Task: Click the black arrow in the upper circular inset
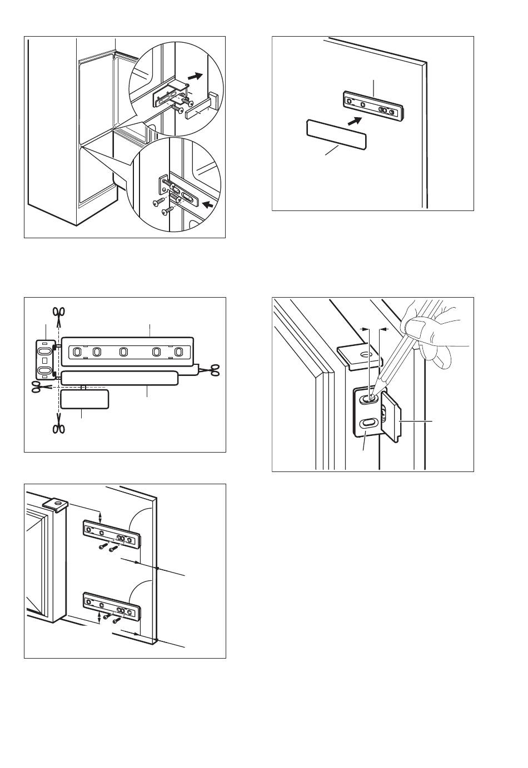tap(195, 76)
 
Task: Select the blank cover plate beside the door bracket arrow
tap(336, 134)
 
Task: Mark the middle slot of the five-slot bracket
tap(123, 352)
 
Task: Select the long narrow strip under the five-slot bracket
tap(119, 378)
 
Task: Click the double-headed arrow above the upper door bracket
tap(100, 516)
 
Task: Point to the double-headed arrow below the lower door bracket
tap(99, 616)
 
